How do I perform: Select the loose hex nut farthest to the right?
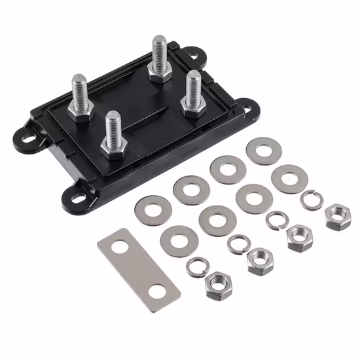tap(338, 214)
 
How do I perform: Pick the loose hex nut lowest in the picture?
tap(215, 286)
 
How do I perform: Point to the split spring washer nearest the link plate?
tap(197, 266)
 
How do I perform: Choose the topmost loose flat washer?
tap(264, 150)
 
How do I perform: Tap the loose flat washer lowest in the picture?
tap(177, 241)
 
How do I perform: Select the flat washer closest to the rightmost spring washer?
tap(286, 177)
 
